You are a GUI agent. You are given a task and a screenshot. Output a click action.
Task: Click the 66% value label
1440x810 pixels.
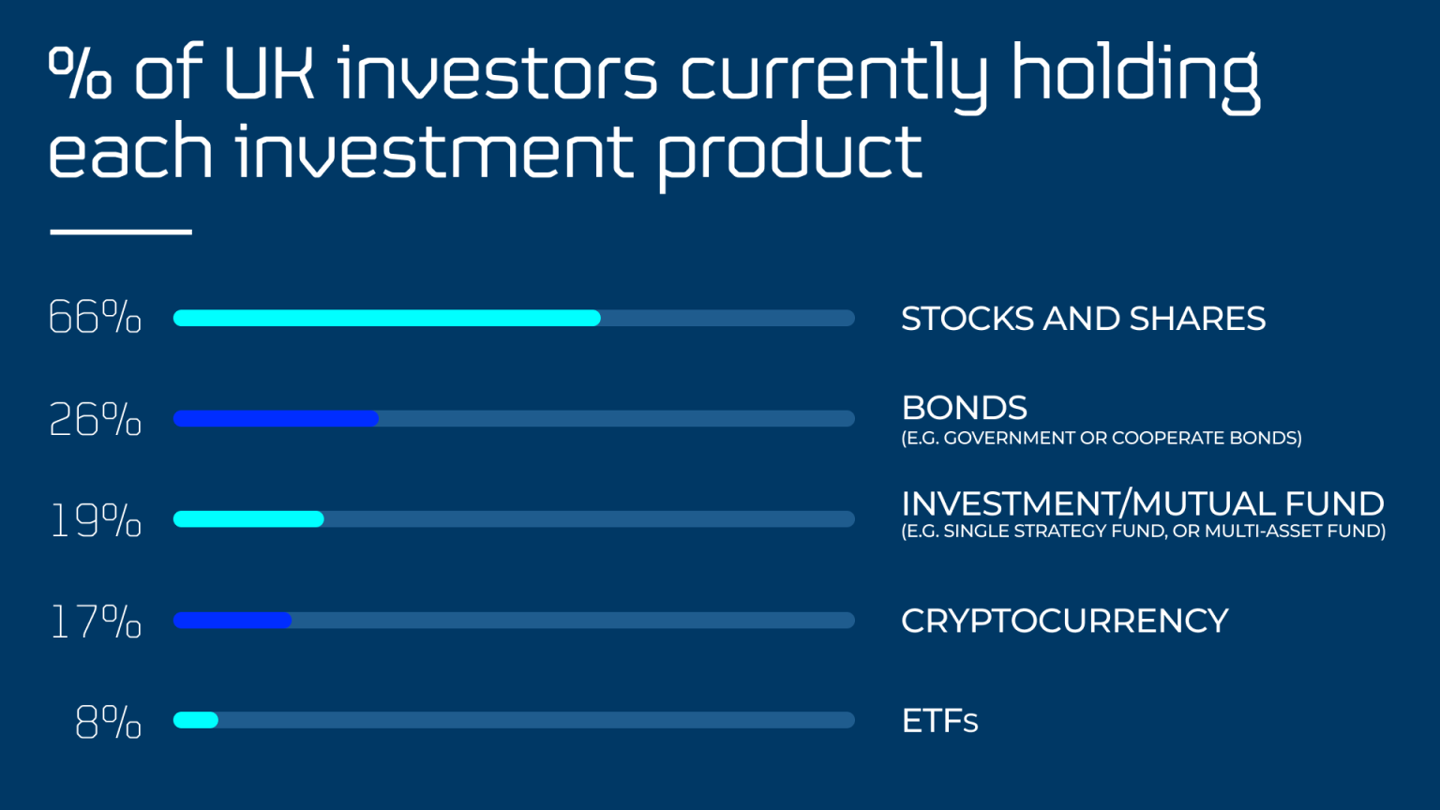[x=95, y=318]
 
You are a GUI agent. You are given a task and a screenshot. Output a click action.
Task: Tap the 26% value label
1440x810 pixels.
[x=95, y=419]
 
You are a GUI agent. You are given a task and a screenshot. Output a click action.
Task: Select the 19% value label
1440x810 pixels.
[x=95, y=520]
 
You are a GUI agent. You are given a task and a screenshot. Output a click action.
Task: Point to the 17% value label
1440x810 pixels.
[x=95, y=622]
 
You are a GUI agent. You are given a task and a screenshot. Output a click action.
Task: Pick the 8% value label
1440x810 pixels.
[x=108, y=722]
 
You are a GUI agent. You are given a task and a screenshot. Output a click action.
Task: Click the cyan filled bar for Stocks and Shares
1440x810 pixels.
[x=386, y=318]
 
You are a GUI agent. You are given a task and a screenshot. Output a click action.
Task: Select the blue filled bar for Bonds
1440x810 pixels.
[x=276, y=418]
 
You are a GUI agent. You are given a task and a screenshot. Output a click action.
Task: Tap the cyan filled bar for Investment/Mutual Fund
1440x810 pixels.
[x=248, y=518]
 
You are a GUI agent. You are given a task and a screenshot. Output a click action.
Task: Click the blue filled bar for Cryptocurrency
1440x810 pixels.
[x=232, y=620]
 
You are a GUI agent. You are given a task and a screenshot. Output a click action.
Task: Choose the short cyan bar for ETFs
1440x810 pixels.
[x=196, y=720]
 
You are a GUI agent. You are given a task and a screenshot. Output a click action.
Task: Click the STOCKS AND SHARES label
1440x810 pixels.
[x=1083, y=319]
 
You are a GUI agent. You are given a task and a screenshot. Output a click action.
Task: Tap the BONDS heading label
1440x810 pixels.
[x=964, y=408]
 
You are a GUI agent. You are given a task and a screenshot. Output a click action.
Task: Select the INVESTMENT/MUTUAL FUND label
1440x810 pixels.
[x=1142, y=503]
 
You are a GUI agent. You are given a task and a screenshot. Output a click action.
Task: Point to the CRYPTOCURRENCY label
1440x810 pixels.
[x=1064, y=621]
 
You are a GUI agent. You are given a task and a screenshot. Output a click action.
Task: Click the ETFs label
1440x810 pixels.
[x=939, y=721]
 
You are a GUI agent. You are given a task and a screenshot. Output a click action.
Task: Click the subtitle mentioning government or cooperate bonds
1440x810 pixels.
[x=1101, y=438]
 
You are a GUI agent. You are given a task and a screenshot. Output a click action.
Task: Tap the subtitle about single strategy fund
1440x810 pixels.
[x=1143, y=532]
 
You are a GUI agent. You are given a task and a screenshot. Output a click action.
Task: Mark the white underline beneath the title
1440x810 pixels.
[x=121, y=231]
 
